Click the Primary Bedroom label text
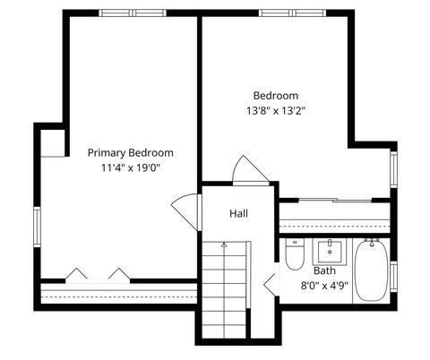(130, 152)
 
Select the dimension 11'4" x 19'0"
(130, 167)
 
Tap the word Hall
(238, 213)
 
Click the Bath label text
(324, 270)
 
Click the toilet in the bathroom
(295, 254)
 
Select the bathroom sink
(331, 248)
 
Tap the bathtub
(370, 272)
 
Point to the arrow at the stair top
(224, 244)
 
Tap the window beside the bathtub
(392, 270)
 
